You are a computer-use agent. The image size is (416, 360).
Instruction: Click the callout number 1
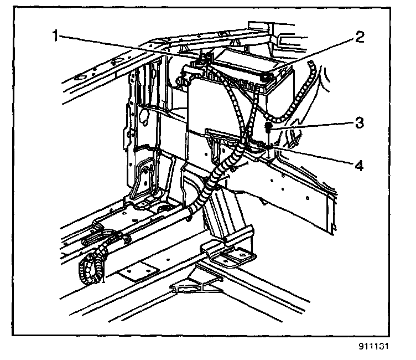click(x=56, y=37)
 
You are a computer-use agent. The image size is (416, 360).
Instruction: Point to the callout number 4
click(x=359, y=164)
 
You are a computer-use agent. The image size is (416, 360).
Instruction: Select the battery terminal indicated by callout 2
click(x=269, y=78)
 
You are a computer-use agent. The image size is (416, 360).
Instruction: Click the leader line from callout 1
click(x=127, y=47)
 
